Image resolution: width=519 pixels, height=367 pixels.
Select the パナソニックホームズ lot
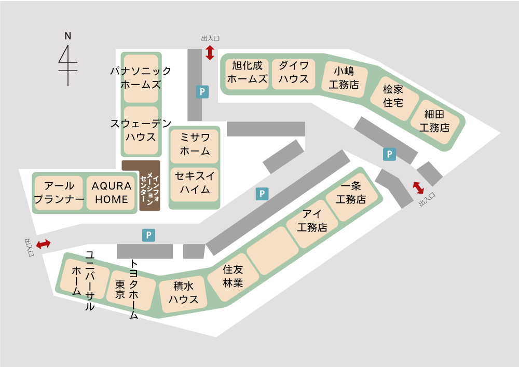click(141, 78)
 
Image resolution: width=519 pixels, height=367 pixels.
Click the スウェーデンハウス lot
click(141, 130)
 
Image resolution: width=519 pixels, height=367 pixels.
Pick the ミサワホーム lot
click(195, 145)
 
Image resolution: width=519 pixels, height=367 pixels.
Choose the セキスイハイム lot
click(195, 183)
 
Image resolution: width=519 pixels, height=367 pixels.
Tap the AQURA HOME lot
click(111, 193)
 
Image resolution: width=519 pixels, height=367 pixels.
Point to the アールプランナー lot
click(59, 193)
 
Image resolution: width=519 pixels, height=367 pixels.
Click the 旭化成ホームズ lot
click(247, 73)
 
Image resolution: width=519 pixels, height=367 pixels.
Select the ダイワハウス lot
click(293, 73)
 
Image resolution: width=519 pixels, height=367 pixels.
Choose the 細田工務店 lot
click(435, 120)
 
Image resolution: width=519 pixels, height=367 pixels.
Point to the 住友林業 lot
click(233, 276)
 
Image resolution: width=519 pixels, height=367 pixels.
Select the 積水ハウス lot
click(183, 294)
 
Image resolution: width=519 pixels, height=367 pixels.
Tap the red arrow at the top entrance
click(210, 52)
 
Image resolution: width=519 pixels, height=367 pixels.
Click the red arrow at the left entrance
click(43, 243)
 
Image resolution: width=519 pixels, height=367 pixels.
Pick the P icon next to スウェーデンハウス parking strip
click(202, 92)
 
